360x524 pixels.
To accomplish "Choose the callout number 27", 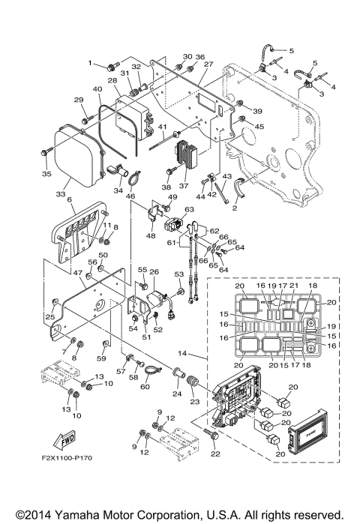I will pos(208,64).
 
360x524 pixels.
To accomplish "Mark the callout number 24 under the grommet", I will pos(177,393).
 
